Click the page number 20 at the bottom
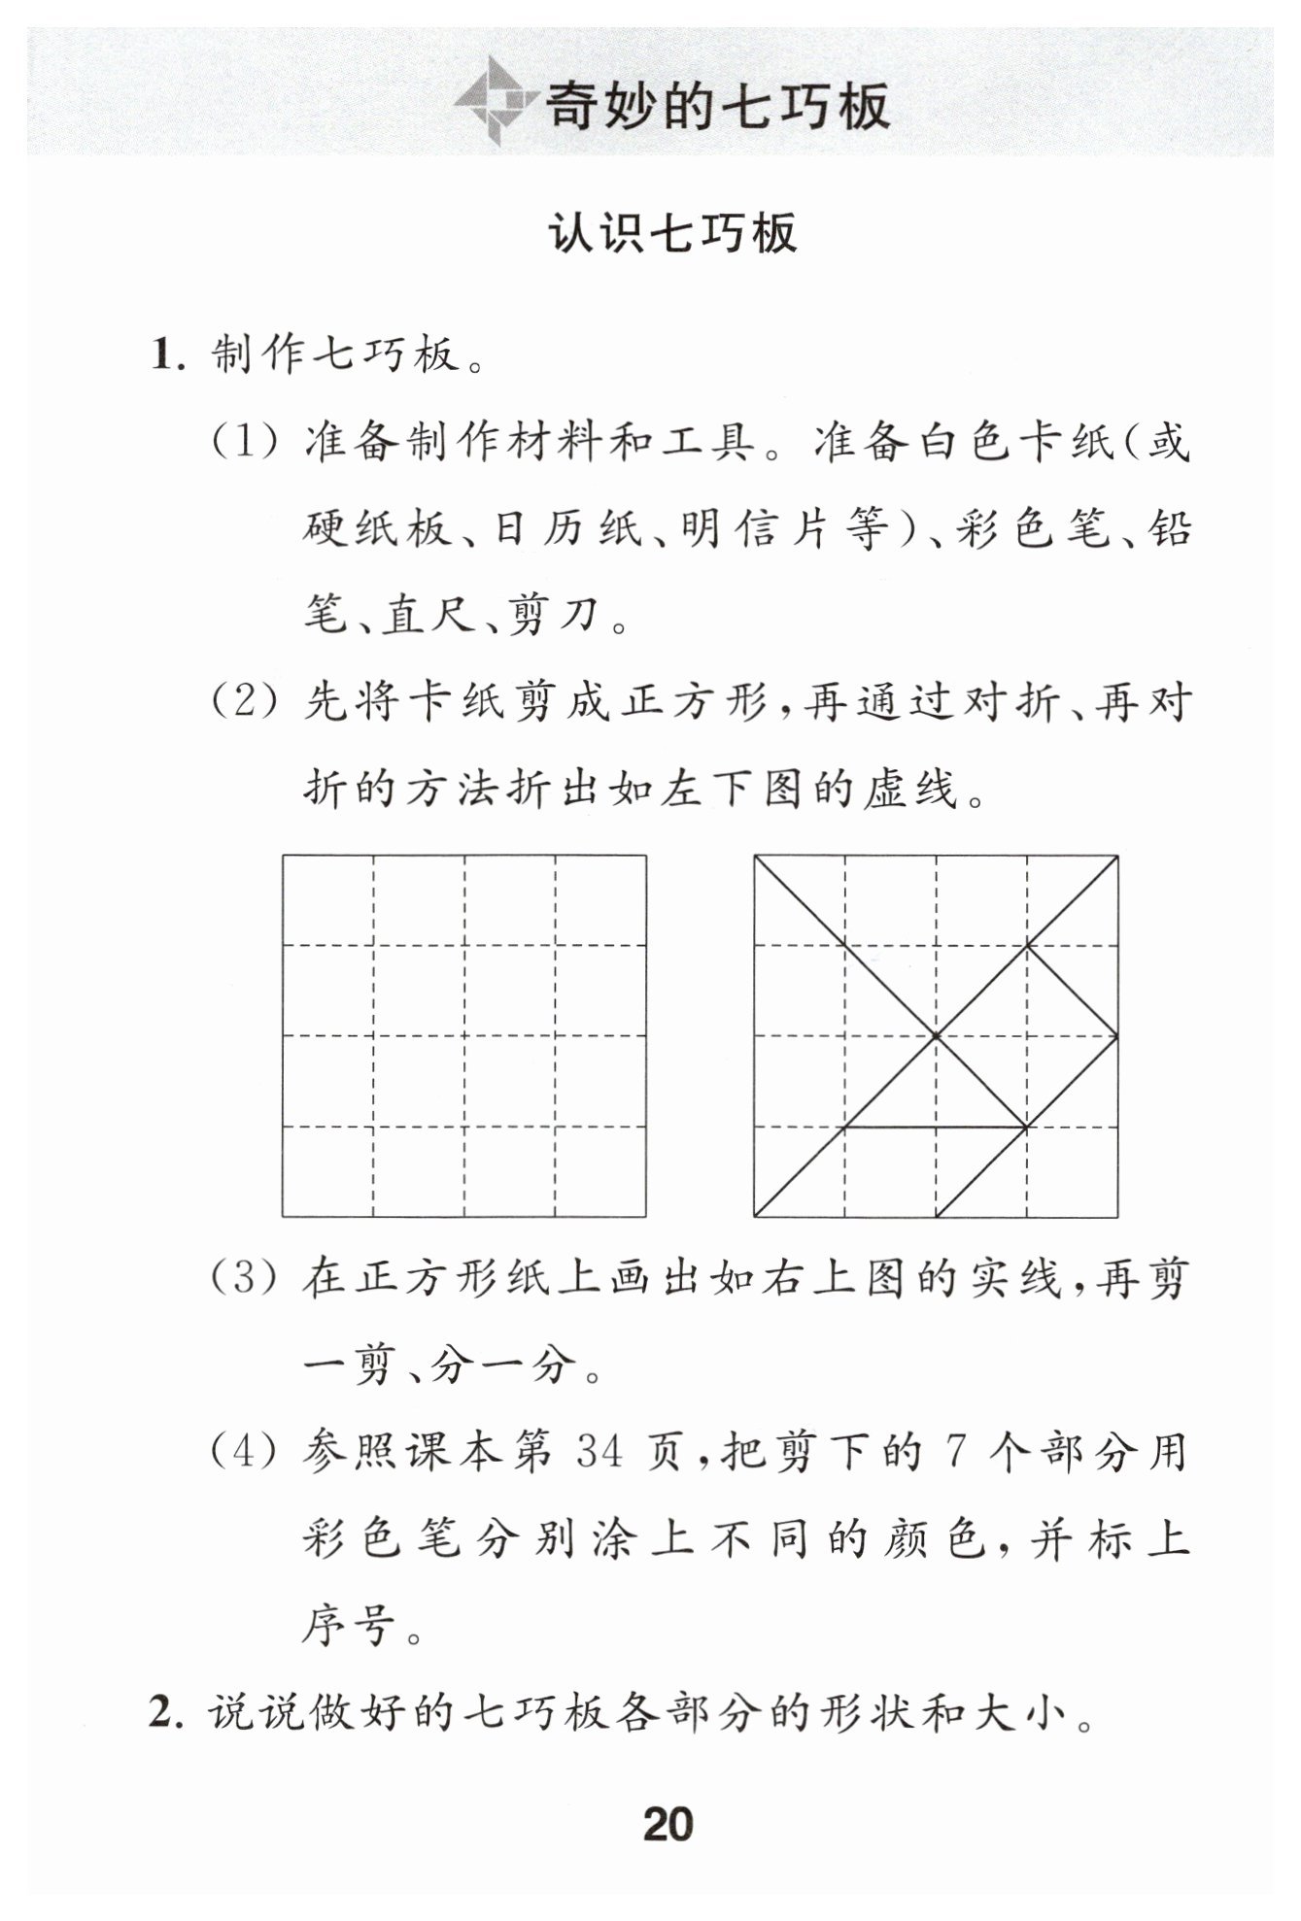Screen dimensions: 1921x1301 668,1823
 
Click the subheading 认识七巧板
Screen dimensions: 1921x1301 673,234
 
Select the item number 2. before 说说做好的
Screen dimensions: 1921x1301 166,1711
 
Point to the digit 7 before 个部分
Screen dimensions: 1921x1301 955,1453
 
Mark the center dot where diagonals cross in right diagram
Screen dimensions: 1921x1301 936,1036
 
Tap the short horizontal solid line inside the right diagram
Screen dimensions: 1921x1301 935,1128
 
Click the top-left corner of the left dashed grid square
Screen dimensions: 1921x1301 284,856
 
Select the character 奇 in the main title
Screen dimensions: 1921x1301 579,105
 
